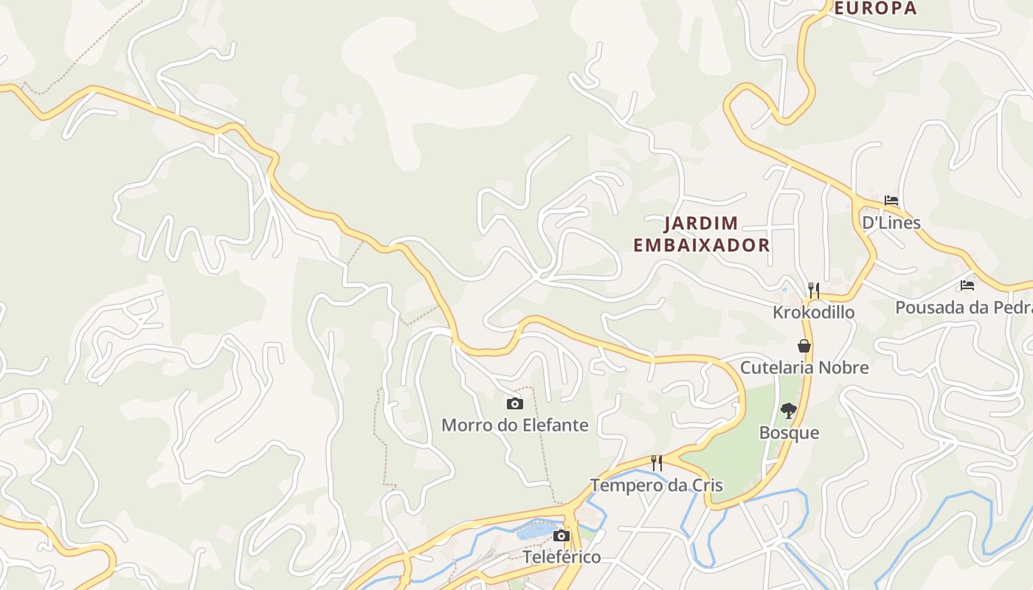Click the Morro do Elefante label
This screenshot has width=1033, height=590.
514,425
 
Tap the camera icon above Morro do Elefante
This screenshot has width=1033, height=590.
515,403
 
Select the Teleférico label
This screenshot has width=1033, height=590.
562,557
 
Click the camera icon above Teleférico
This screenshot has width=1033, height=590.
562,535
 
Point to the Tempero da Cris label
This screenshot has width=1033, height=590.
656,485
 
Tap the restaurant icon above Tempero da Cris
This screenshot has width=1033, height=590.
656,463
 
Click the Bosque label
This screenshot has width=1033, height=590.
789,432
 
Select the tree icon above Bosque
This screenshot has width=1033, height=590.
789,410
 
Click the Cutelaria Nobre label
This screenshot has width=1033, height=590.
804,367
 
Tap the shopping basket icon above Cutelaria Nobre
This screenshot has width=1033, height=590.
804,346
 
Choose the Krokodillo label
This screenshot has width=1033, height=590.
813,312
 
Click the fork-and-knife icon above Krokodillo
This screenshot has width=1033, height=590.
813,290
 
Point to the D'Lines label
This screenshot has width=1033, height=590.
891,223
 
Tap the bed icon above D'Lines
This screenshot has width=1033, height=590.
891,201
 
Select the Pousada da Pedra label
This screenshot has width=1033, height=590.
963,307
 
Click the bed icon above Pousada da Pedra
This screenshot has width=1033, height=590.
967,285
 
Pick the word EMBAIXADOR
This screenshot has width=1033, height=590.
702,246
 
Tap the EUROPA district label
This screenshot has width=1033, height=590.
875,8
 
